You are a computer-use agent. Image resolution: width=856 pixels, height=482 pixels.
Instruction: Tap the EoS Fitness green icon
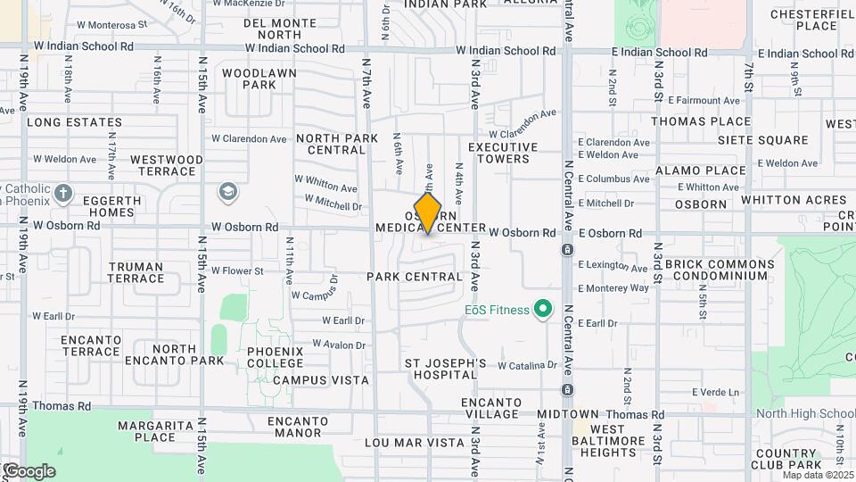pyautogui.click(x=541, y=310)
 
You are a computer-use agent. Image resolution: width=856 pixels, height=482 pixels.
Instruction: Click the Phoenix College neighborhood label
pyautogui.click(x=276, y=357)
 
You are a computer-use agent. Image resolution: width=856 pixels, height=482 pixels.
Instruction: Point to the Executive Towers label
pyautogui.click(x=503, y=153)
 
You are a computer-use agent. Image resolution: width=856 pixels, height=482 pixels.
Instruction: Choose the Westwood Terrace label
pyautogui.click(x=167, y=165)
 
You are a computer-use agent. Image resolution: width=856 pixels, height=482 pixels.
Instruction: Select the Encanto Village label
pyautogui.click(x=491, y=408)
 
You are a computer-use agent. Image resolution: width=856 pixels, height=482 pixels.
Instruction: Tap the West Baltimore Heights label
pyautogui.click(x=607, y=441)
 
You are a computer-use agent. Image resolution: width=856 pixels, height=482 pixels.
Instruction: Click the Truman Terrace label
pyautogui.click(x=136, y=272)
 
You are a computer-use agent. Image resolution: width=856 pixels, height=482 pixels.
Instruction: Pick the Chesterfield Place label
pyautogui.click(x=803, y=20)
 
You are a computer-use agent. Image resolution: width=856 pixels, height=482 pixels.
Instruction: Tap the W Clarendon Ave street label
pyautogui.click(x=249, y=139)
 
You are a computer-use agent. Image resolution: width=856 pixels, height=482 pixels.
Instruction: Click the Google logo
pyautogui.click(x=29, y=470)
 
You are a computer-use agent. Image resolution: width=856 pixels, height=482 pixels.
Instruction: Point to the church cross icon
pyautogui.click(x=62, y=192)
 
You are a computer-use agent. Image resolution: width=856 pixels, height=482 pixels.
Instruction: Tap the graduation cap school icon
pyautogui.click(x=228, y=191)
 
